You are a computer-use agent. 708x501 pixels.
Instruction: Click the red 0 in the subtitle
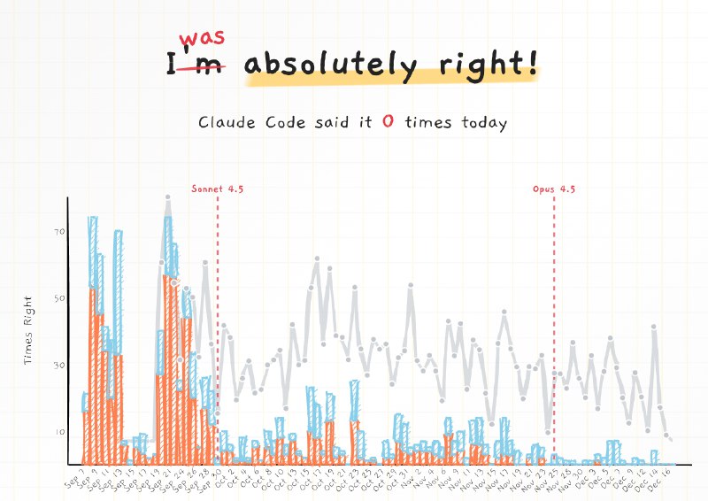click(388, 123)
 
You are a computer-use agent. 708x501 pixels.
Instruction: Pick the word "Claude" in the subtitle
click(228, 123)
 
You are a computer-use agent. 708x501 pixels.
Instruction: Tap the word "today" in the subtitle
click(483, 123)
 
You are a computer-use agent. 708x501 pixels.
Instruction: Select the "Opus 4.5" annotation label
click(554, 189)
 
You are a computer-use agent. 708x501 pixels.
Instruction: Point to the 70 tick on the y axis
click(59, 232)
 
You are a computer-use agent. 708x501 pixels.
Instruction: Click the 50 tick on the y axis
click(59, 298)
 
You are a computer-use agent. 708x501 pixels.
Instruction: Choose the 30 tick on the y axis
click(59, 365)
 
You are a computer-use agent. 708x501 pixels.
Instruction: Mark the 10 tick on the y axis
click(59, 431)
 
